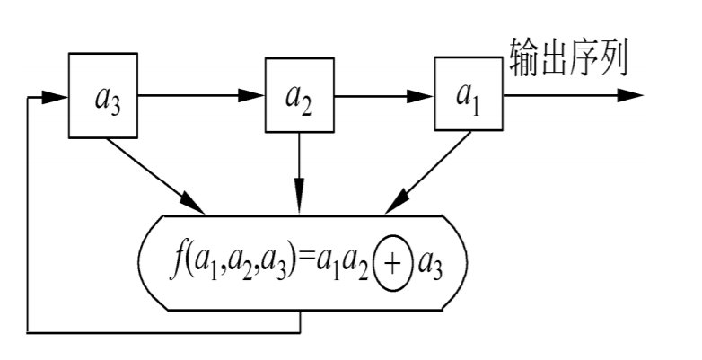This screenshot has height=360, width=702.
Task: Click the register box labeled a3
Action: pyautogui.click(x=104, y=96)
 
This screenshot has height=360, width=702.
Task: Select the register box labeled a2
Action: pyautogui.click(x=299, y=96)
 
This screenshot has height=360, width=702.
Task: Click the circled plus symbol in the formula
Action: pyautogui.click(x=391, y=264)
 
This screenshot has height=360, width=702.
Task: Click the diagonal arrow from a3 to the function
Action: pyautogui.click(x=158, y=174)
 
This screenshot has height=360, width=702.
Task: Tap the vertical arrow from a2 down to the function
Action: pyautogui.click(x=299, y=175)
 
